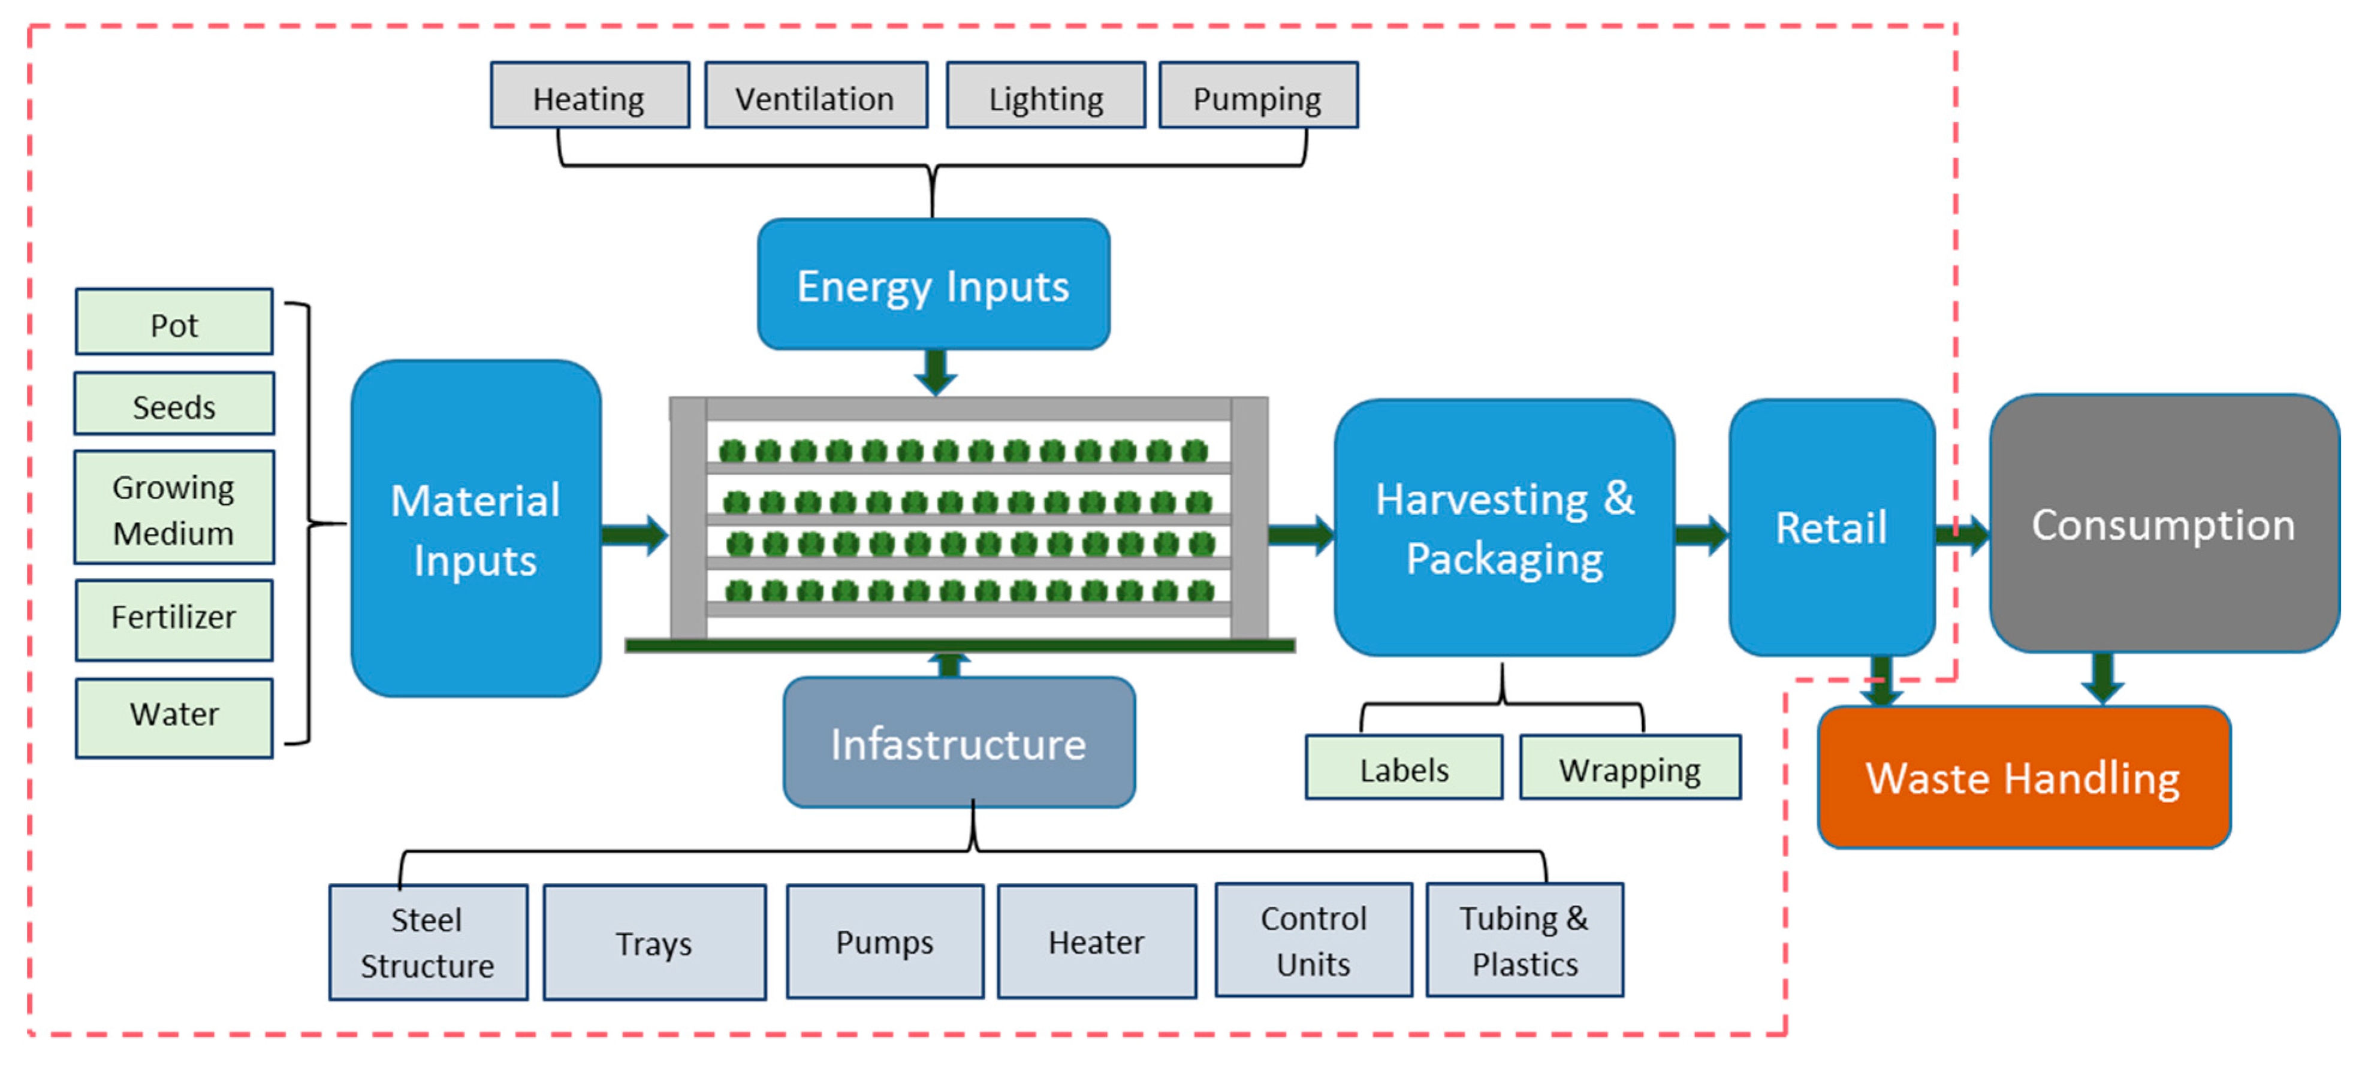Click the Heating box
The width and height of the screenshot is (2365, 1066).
point(589,95)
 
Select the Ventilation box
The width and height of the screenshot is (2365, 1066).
point(815,95)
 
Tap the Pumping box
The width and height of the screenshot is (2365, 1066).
point(1258,95)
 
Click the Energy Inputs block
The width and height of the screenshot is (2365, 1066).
point(933,285)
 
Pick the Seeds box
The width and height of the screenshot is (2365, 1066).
point(174,404)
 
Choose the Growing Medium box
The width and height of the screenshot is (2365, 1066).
point(174,508)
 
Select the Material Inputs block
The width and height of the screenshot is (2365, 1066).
point(475,529)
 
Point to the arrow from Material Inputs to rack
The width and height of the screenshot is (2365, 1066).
point(635,534)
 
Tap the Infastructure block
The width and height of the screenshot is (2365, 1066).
point(958,743)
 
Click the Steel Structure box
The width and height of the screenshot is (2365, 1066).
point(428,942)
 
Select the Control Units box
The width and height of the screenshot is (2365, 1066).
point(1313,940)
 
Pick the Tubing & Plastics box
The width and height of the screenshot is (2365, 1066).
point(1524,940)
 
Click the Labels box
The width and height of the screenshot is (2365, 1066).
point(1404,768)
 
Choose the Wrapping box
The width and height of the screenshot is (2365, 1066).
point(1630,768)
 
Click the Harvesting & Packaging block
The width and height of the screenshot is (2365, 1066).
point(1504,528)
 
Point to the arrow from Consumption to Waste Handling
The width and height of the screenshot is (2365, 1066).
point(2102,678)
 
